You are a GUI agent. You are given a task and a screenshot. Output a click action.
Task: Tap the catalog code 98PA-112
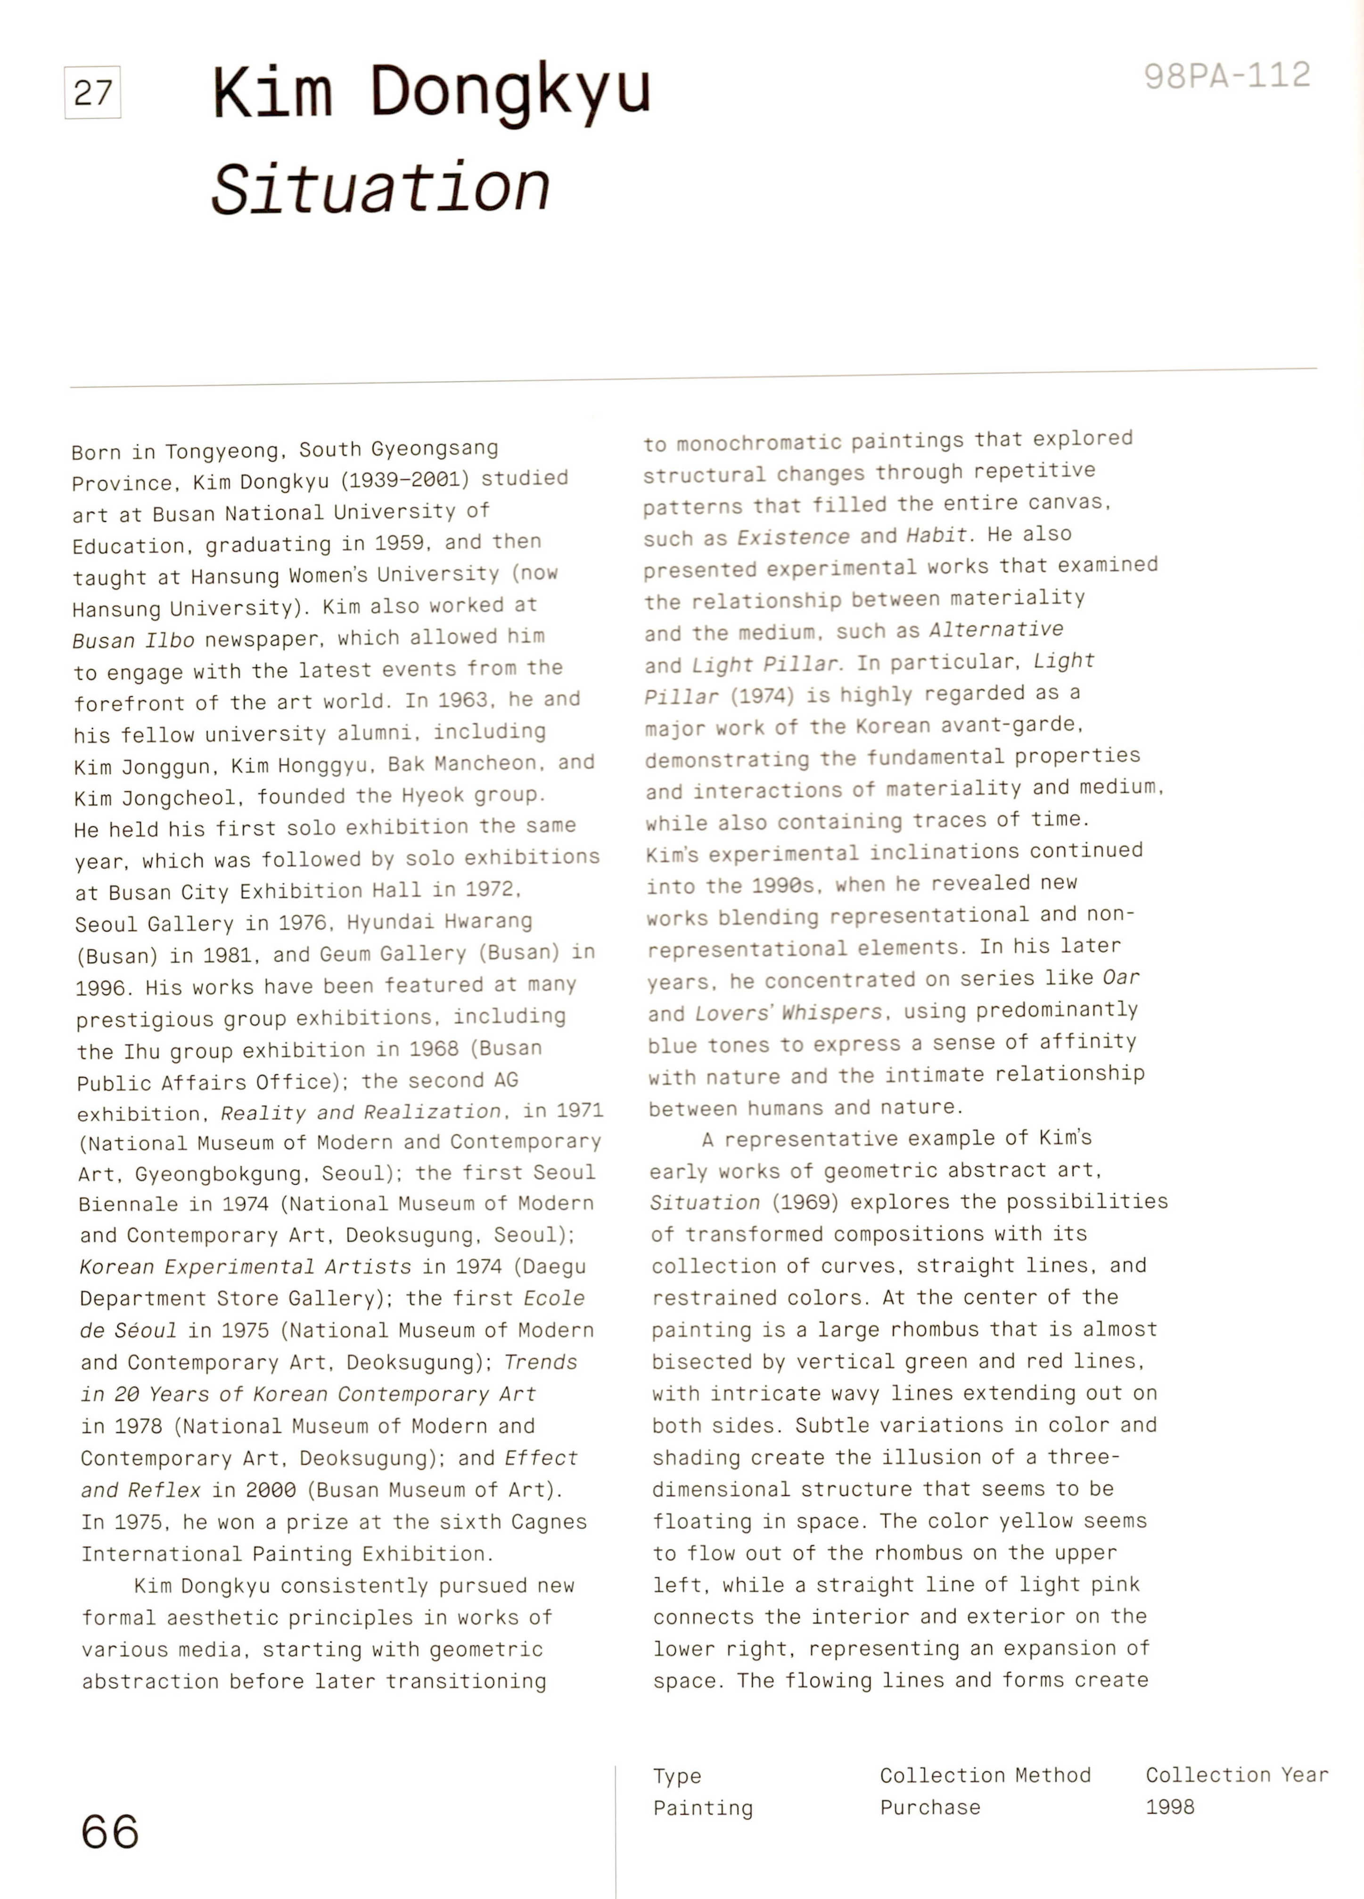(x=1227, y=76)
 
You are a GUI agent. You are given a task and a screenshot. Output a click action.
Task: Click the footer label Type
(x=676, y=1776)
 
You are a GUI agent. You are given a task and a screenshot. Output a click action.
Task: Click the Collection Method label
(x=985, y=1775)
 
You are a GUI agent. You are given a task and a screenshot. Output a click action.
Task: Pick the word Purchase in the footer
(x=929, y=1807)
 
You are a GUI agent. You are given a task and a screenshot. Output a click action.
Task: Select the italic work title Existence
(x=792, y=537)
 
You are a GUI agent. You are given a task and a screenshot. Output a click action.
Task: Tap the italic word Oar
(x=1120, y=978)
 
